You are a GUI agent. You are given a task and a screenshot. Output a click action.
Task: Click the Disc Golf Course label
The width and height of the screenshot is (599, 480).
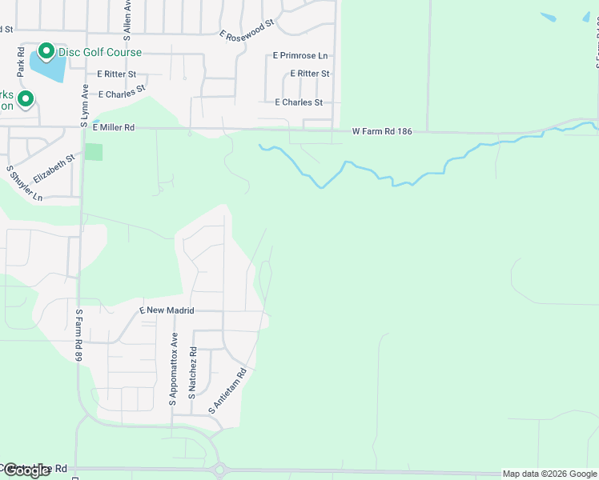click(x=99, y=53)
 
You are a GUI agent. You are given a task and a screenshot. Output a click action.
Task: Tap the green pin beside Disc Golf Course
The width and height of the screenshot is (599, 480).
click(x=46, y=52)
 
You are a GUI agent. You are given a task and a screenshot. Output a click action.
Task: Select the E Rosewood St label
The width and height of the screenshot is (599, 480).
click(x=247, y=30)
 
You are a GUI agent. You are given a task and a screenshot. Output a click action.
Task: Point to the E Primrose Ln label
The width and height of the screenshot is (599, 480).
click(x=300, y=56)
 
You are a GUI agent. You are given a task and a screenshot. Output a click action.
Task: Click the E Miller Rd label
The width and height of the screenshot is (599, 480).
click(x=114, y=127)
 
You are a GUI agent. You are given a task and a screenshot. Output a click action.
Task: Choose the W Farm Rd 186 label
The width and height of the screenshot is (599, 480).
click(x=382, y=131)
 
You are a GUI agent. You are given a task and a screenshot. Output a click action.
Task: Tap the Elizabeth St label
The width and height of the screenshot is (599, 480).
click(x=54, y=170)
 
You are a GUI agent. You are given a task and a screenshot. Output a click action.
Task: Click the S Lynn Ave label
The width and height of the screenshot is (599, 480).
click(x=83, y=107)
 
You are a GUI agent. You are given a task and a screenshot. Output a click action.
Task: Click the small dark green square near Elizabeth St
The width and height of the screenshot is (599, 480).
click(x=94, y=152)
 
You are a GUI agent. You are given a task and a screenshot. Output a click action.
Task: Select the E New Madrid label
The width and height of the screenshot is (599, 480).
click(x=167, y=310)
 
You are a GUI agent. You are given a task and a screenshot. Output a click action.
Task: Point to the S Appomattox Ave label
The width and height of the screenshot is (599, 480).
click(x=173, y=369)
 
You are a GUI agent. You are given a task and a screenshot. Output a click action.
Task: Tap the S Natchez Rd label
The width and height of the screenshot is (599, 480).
click(x=192, y=373)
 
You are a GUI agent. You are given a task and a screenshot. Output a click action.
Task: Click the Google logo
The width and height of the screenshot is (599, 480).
click(x=26, y=470)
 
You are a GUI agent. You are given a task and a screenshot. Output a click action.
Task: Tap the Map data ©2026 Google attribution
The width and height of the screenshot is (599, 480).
click(x=549, y=474)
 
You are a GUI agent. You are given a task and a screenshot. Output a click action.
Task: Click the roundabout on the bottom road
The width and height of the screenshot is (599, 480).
click(x=220, y=469)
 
